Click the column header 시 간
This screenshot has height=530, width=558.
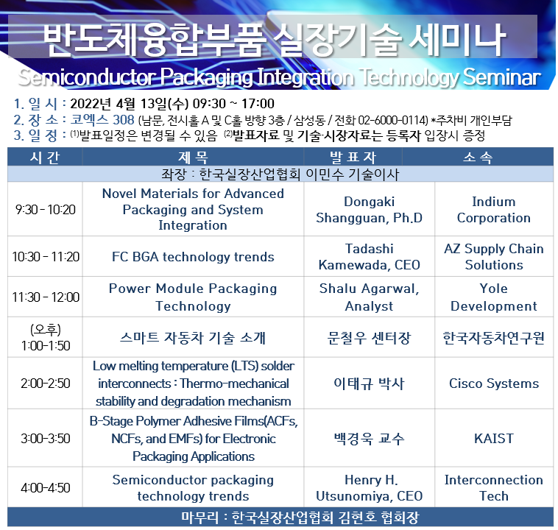click(x=45, y=157)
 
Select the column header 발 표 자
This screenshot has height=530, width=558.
click(x=353, y=157)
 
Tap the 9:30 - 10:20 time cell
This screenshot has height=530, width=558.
click(x=45, y=209)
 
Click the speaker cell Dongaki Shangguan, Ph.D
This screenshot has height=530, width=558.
click(x=369, y=210)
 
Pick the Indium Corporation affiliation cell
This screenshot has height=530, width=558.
click(x=494, y=210)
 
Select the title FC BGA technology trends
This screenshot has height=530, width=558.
click(x=193, y=257)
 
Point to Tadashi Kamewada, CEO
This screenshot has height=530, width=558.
click(x=369, y=257)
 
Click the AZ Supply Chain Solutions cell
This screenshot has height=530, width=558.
click(x=494, y=257)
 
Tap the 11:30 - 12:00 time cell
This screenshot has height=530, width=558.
click(x=46, y=297)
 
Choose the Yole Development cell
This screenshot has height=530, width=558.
click(x=494, y=297)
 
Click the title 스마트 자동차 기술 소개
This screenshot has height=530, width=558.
click(x=193, y=337)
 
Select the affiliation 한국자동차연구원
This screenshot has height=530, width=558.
click(x=494, y=337)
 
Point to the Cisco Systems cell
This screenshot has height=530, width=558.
click(x=494, y=384)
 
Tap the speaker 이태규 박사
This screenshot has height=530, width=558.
click(x=369, y=384)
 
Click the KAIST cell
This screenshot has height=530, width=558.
click(x=494, y=438)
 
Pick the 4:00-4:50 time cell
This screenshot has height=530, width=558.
click(x=45, y=487)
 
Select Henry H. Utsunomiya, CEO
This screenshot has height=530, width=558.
click(x=369, y=487)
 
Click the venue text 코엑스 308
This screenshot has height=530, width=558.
click(x=102, y=119)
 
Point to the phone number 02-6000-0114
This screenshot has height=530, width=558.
click(x=392, y=120)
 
